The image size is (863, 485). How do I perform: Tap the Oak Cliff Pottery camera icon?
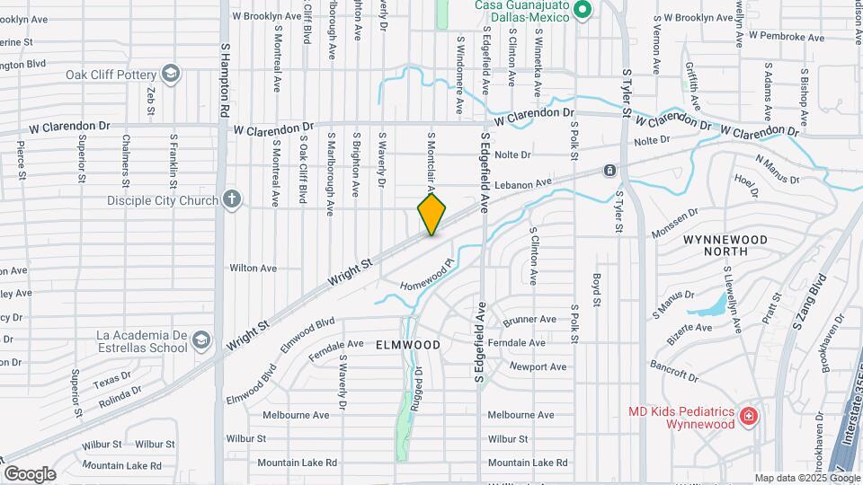click(171, 74)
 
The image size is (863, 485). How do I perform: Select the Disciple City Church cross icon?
click(232, 199)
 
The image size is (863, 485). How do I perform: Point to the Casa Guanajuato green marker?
click(582, 10)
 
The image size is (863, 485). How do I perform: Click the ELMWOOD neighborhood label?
click(407, 345)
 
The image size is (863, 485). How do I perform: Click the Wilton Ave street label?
click(253, 268)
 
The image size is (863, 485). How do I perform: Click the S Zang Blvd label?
click(808, 301)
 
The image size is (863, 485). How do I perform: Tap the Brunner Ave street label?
click(530, 320)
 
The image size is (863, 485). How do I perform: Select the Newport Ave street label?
click(538, 366)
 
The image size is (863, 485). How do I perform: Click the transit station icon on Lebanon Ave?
click(609, 170)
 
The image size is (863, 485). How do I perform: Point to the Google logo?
click(30, 473)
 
